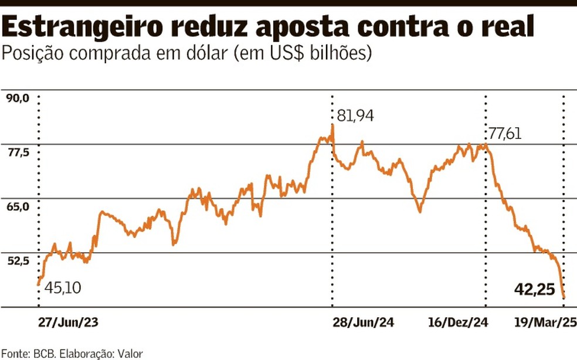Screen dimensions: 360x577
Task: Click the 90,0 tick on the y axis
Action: pyautogui.click(x=18, y=99)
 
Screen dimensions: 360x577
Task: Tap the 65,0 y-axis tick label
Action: pyautogui.click(x=18, y=207)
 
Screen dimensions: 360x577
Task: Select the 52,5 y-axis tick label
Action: pyautogui.click(x=18, y=261)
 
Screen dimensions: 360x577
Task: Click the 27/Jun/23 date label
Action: pyautogui.click(x=69, y=322)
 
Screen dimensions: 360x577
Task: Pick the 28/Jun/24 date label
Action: pyautogui.click(x=363, y=322)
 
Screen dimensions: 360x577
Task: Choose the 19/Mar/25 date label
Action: pyautogui.click(x=544, y=322)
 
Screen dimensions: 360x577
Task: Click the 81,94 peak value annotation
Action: pyautogui.click(x=355, y=116)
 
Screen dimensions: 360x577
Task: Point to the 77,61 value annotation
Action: pyautogui.click(x=505, y=134)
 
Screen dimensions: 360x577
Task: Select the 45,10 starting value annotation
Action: pyautogui.click(x=63, y=288)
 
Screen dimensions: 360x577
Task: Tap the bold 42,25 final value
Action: pyautogui.click(x=534, y=288)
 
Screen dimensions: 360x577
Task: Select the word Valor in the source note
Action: pyautogui.click(x=130, y=354)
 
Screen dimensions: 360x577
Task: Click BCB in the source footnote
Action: pyautogui.click(x=44, y=354)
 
